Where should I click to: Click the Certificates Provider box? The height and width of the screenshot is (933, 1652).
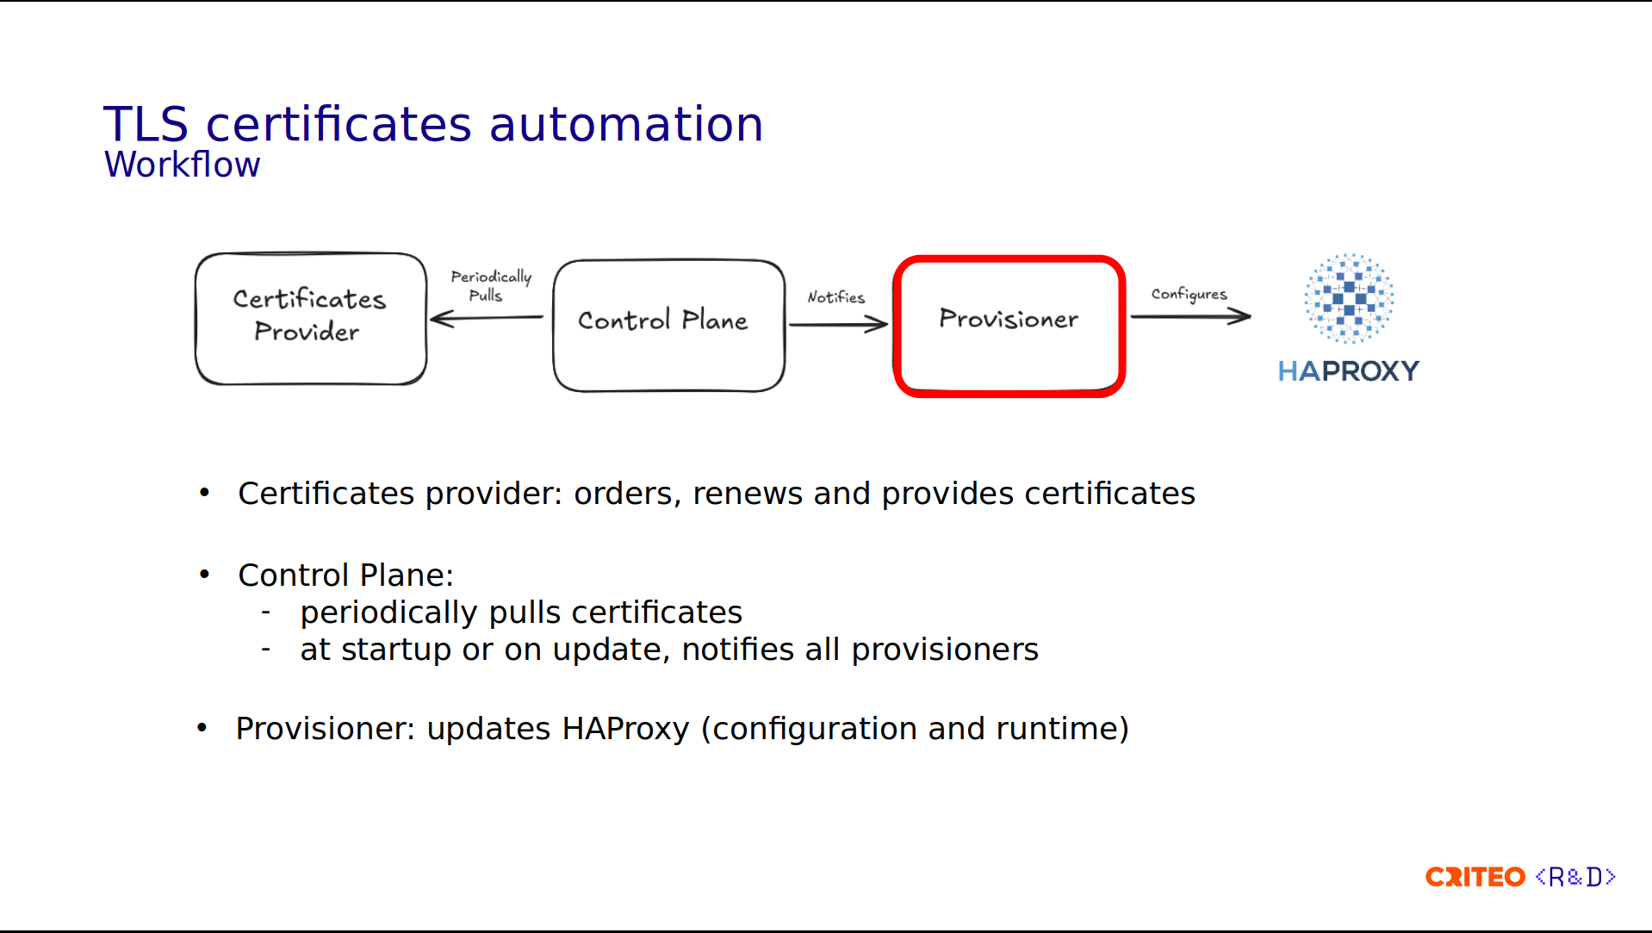click(311, 318)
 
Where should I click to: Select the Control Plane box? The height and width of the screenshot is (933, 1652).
click(668, 326)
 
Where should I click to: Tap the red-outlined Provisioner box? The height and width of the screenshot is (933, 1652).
click(1009, 326)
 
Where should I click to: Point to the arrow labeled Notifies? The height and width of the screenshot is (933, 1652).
click(838, 324)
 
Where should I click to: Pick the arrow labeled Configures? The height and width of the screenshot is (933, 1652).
click(1190, 317)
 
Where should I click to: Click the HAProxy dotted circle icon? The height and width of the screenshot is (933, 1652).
click(1349, 298)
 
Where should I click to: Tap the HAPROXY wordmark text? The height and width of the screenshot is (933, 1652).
click(1348, 371)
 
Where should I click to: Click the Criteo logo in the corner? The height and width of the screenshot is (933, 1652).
click(1475, 877)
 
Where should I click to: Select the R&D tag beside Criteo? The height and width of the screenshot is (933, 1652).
click(1575, 877)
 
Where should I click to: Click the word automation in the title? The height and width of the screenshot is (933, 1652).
click(626, 124)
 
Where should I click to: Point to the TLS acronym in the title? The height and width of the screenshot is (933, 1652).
click(146, 124)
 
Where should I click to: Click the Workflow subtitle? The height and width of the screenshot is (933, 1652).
click(182, 165)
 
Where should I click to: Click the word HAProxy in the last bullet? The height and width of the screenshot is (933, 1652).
click(626, 730)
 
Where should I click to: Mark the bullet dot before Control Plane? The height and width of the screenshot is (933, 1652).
click(204, 574)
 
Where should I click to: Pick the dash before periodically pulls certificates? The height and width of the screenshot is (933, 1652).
click(266, 613)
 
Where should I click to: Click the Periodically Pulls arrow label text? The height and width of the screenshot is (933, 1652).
click(491, 286)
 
